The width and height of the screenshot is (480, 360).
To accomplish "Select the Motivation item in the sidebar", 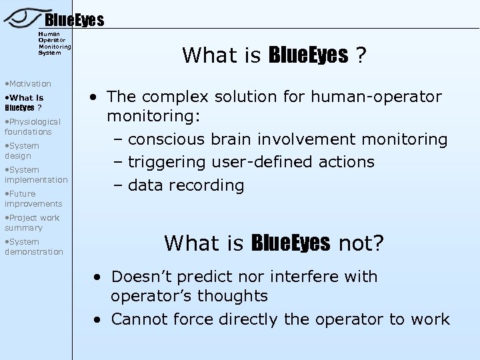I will (x=29, y=83).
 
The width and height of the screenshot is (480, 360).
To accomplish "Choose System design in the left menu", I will (x=23, y=151).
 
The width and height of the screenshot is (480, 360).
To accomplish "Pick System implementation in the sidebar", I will (x=36, y=175).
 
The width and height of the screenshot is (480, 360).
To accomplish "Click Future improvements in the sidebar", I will (x=33, y=199).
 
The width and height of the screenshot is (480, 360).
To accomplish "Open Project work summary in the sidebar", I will (x=33, y=223).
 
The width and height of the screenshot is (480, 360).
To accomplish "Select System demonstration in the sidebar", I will (x=34, y=247).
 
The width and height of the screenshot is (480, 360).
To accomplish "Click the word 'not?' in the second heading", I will (x=360, y=244).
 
